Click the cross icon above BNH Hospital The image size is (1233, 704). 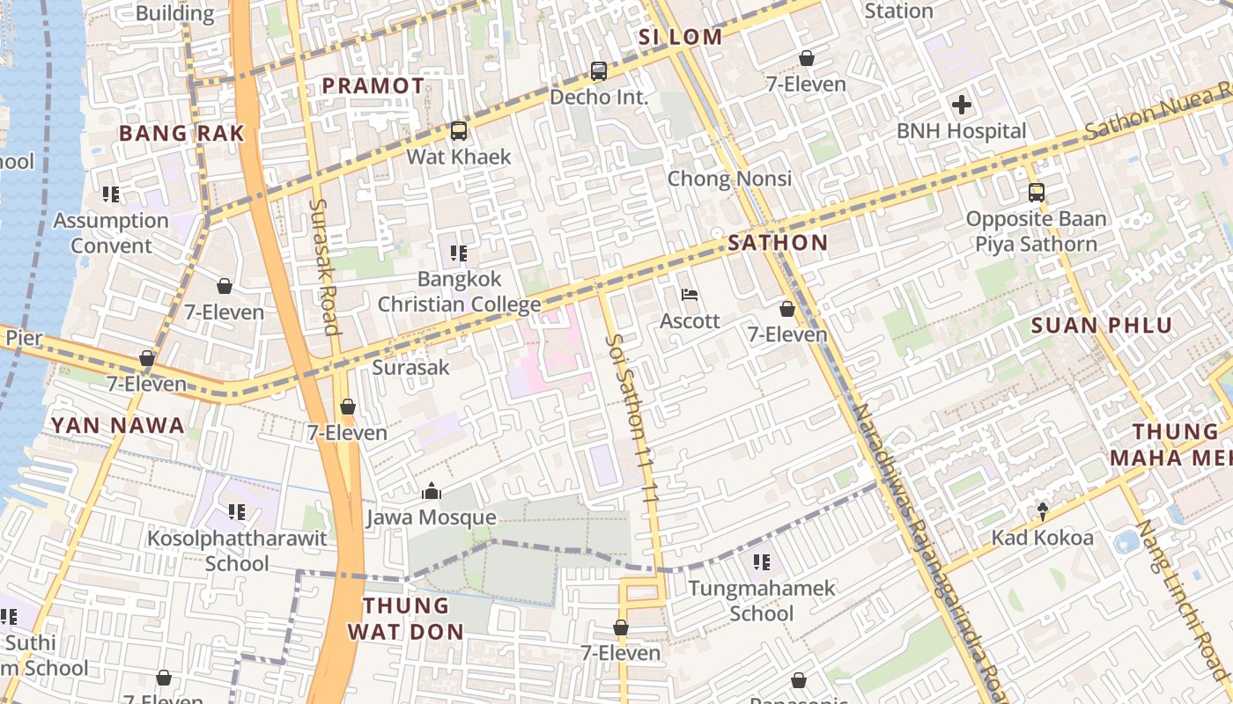[961, 106]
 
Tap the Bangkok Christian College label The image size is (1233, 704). [459, 292]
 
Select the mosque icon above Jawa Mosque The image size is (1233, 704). [432, 491]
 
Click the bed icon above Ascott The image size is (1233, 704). [690, 295]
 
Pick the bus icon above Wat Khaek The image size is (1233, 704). [459, 131]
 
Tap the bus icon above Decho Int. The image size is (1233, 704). [599, 71]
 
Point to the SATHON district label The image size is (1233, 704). [778, 243]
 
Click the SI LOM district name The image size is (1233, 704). [680, 37]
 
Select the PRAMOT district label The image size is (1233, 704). [373, 85]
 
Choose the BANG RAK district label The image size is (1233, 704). [181, 133]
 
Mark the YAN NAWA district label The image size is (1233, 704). [117, 426]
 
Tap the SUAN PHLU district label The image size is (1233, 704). [1102, 326]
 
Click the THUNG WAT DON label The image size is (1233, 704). [406, 619]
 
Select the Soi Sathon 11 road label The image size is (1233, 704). [632, 418]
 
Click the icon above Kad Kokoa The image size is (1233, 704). [1043, 511]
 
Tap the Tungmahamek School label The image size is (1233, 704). [761, 600]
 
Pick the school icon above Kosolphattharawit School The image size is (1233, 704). [236, 511]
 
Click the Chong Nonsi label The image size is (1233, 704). [729, 179]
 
